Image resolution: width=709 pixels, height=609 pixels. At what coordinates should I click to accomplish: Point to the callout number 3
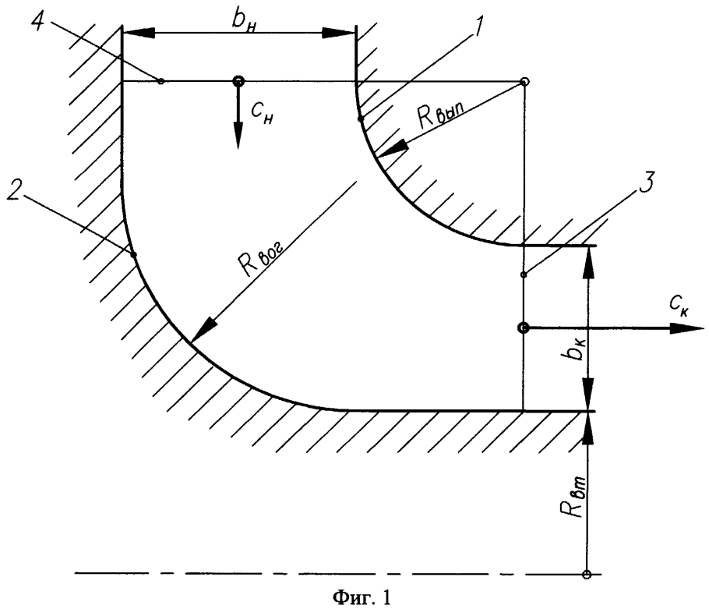pos(646,183)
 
